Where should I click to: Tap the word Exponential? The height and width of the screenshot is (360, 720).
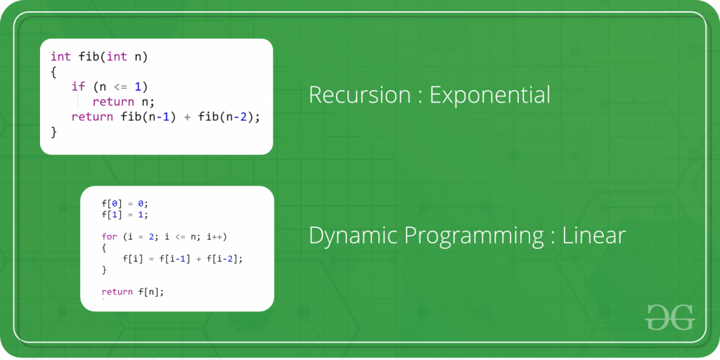tap(490, 96)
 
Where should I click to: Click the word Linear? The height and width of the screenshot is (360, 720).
tap(593, 236)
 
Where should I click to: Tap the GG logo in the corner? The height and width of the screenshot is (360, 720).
tap(669, 316)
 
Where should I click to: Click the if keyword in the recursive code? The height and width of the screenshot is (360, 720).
tap(78, 86)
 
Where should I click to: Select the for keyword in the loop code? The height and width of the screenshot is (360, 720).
tap(109, 236)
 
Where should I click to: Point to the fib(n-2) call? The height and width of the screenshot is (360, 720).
tap(226, 117)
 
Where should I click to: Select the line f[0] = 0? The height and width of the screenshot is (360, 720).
tap(125, 203)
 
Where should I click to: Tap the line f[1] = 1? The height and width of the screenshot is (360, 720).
tap(125, 214)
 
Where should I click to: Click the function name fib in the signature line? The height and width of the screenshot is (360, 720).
tap(87, 56)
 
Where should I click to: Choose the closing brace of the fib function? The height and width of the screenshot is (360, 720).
tap(53, 131)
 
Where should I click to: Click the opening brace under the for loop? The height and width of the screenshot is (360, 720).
tap(104, 247)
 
